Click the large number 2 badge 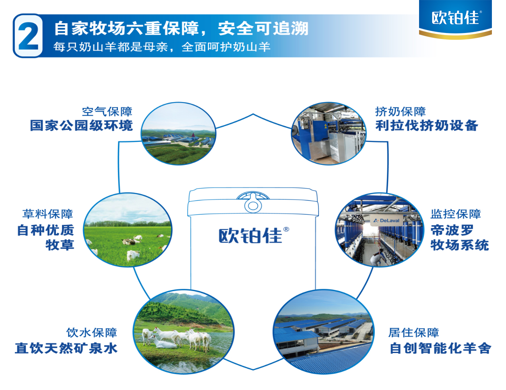[28, 35]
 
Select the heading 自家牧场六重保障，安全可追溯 [182, 29]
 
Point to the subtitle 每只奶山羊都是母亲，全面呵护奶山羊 [162, 47]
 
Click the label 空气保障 [107, 112]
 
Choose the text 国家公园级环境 [81, 125]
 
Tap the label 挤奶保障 [401, 112]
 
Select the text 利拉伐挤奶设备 [427, 125]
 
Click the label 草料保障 [48, 214]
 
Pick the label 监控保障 [456, 214]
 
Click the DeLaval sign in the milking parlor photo [386, 220]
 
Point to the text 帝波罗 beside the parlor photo [452, 230]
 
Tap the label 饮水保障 [92, 333]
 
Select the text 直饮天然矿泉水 [66, 348]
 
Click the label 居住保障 [413, 333]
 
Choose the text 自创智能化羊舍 [440, 348]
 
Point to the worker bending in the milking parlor [378, 257]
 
